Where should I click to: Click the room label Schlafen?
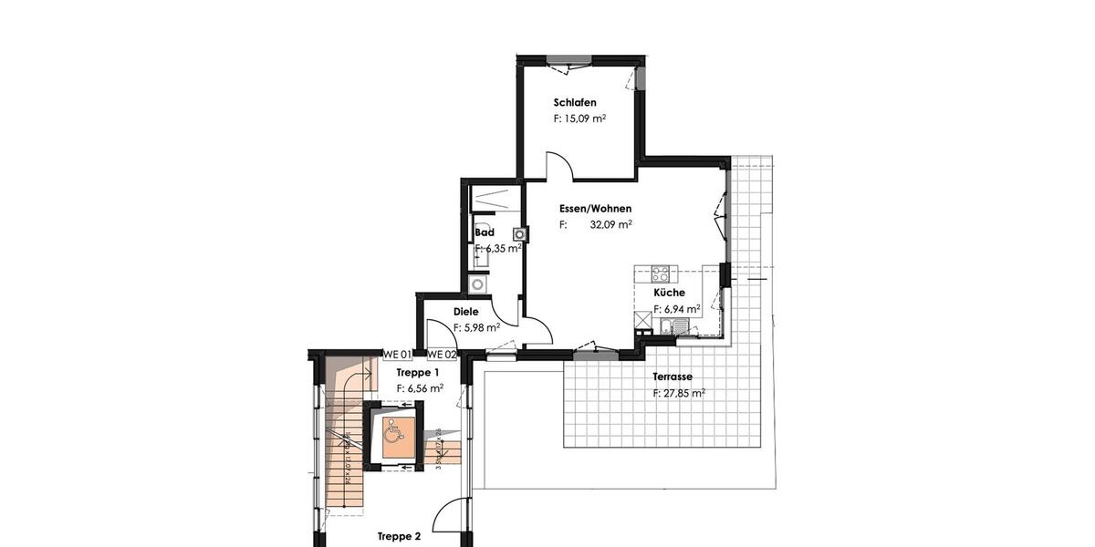coord(574,102)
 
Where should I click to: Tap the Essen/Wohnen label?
coord(595,209)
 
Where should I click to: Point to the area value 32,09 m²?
coord(610,224)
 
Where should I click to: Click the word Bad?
coord(484,232)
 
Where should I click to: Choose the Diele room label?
coord(465,312)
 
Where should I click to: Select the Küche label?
coord(669,293)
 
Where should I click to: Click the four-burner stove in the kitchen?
coord(661,273)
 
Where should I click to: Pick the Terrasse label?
coord(672,377)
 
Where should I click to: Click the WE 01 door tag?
coord(397,355)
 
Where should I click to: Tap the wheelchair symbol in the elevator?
coord(396,428)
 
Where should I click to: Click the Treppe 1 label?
coord(418,372)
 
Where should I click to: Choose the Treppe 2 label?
coord(399,537)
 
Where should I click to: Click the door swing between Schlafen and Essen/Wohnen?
coord(558,166)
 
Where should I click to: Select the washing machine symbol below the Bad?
coord(478,284)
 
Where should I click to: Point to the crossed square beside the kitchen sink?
coord(642,320)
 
